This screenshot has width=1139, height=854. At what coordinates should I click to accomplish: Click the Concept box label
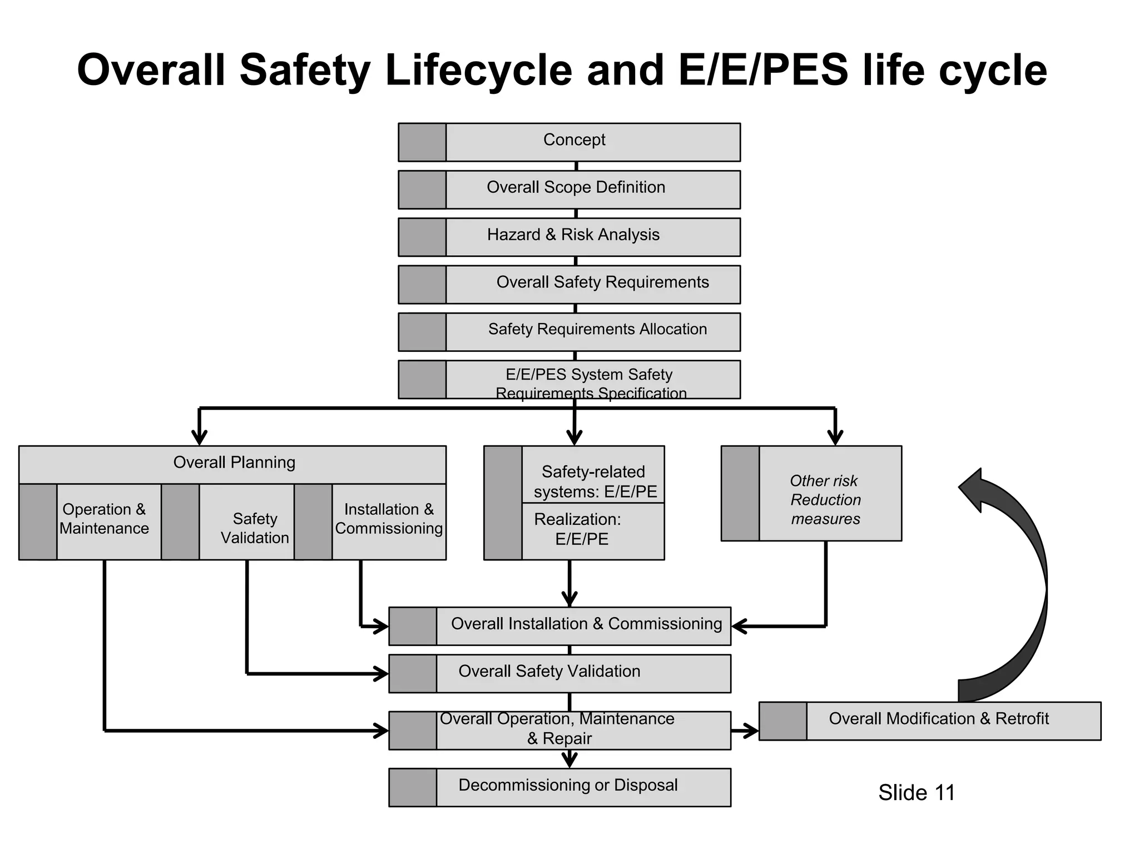(x=574, y=140)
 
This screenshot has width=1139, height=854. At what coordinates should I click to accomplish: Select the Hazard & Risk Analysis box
(x=573, y=235)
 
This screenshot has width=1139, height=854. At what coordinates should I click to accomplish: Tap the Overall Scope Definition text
(x=576, y=187)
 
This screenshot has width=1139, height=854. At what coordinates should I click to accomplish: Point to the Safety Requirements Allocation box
(x=597, y=330)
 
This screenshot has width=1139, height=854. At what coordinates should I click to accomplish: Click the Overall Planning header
(x=234, y=463)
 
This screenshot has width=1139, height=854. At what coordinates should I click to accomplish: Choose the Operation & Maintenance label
(x=104, y=519)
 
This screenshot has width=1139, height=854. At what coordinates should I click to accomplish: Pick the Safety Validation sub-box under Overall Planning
(x=254, y=528)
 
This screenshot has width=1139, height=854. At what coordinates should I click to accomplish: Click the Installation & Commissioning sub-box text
(x=388, y=519)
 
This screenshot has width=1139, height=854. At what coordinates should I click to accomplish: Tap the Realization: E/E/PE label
(x=578, y=529)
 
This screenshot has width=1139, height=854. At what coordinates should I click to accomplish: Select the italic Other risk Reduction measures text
(x=825, y=500)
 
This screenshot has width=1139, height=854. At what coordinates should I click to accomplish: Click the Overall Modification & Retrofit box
(x=938, y=719)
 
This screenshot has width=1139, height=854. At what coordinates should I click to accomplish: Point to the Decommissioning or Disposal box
(x=567, y=786)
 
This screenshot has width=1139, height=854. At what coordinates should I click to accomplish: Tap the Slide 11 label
(x=916, y=793)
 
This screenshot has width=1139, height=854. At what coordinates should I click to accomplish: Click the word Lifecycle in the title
(x=478, y=71)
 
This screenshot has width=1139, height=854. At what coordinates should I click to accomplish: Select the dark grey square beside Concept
(x=422, y=142)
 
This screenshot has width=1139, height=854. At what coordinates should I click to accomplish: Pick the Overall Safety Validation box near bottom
(x=549, y=672)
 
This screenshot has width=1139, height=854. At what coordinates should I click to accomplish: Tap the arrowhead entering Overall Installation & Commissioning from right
(x=739, y=627)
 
